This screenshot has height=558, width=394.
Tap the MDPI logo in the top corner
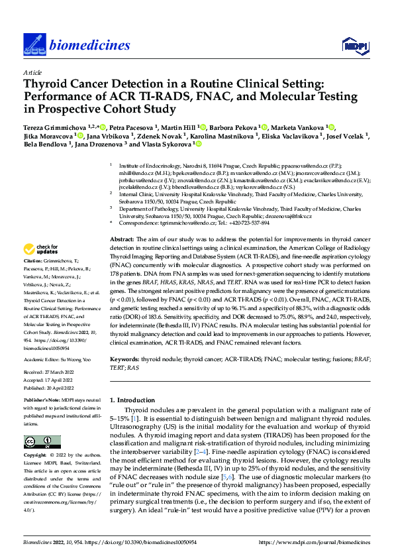(x=353, y=44)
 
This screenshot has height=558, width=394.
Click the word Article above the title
(x=32, y=72)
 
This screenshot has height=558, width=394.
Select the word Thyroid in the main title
(x=44, y=84)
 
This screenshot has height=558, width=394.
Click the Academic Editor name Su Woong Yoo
(x=76, y=358)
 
